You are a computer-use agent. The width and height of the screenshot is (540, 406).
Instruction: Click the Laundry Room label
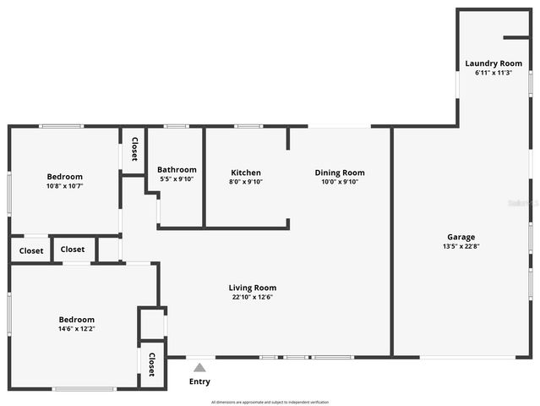494,63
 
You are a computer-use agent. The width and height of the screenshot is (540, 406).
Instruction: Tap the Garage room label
461,237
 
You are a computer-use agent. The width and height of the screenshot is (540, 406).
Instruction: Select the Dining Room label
340,173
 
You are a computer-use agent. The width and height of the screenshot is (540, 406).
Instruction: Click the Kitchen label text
246,173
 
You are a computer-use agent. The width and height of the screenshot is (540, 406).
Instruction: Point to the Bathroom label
177,169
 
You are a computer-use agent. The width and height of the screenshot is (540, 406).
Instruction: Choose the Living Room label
254,288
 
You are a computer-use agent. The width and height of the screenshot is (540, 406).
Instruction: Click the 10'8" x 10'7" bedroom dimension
64,186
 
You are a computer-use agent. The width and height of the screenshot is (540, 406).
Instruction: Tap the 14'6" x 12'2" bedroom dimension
76,329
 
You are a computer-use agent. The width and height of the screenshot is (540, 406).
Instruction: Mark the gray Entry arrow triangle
199,368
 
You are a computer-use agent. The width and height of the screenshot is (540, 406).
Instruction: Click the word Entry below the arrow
199,381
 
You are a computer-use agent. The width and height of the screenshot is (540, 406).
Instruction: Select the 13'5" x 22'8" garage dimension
461,246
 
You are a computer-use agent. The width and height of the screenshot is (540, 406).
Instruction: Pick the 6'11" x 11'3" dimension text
494,73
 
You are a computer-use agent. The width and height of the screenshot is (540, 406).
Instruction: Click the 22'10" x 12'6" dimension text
254,297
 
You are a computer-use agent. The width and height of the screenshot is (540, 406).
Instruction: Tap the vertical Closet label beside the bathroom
134,149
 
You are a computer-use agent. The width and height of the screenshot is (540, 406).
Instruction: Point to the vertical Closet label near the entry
152,365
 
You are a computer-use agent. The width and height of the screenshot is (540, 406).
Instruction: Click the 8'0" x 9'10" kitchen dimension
246,182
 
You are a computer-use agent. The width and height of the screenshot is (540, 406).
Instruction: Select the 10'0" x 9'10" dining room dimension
340,182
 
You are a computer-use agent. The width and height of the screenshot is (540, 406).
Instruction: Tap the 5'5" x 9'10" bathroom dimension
177,178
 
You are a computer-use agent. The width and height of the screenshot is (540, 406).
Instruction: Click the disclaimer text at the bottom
270,402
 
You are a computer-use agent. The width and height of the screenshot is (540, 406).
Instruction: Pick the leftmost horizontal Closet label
31,250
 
